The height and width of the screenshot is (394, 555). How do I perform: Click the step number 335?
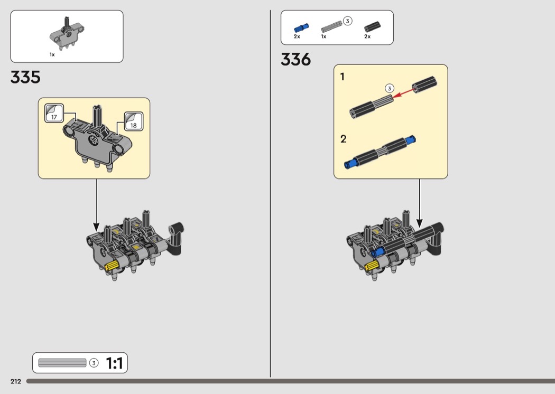point(25,77)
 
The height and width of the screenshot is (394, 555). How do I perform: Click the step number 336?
point(295,60)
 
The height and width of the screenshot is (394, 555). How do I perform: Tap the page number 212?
point(15,381)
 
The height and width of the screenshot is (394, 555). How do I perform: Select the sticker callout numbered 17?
point(54,113)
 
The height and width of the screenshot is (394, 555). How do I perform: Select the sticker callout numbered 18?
point(133,121)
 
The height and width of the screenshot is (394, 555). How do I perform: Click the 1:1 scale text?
point(114,363)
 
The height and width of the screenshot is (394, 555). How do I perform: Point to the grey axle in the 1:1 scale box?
point(62,363)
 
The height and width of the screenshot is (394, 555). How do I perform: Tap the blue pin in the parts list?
point(301,27)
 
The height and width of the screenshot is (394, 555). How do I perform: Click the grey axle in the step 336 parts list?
point(331,27)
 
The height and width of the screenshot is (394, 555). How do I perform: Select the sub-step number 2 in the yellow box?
point(344,139)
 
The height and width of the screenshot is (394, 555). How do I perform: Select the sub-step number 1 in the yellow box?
point(343,77)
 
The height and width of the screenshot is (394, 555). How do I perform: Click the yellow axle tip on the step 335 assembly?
point(111,265)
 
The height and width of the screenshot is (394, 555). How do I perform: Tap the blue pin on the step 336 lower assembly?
point(378,252)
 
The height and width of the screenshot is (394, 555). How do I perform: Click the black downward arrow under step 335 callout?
point(96,205)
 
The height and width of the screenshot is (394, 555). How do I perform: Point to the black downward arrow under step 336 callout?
point(420,203)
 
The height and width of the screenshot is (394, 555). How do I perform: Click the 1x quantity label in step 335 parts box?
point(52,54)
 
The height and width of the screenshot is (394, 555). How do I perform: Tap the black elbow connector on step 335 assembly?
point(176,238)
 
